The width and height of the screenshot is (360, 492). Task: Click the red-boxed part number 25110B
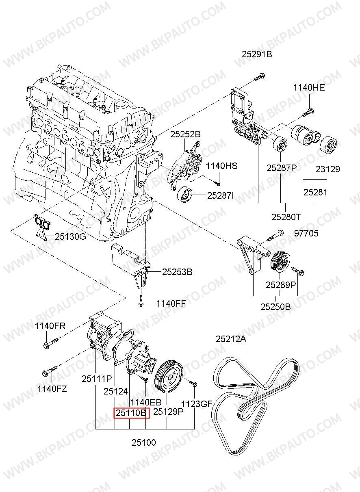(131, 414)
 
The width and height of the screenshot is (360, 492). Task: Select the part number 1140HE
(309, 87)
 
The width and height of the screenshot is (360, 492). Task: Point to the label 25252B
(185, 134)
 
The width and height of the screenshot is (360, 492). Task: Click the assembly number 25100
(144, 442)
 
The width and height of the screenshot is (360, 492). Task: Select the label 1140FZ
(52, 389)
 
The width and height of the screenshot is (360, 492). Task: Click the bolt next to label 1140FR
(50, 342)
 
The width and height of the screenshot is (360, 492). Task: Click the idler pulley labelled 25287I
(185, 195)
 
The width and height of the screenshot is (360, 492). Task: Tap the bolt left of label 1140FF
(141, 301)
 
